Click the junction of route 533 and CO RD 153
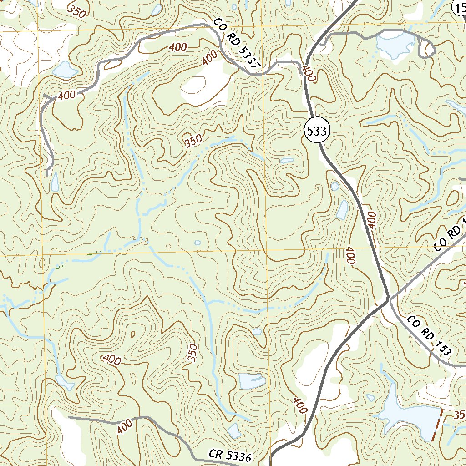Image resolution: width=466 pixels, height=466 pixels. pyautogui.click(x=388, y=299)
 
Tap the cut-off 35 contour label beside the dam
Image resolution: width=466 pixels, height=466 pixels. pyautogui.click(x=459, y=415)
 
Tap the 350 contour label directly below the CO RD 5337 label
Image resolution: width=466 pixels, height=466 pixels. pyautogui.click(x=193, y=142)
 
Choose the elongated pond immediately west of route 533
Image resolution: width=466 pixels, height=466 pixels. pyautogui.click(x=343, y=209)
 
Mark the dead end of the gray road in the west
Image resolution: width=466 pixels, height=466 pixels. pyautogui.click(x=46, y=174)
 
